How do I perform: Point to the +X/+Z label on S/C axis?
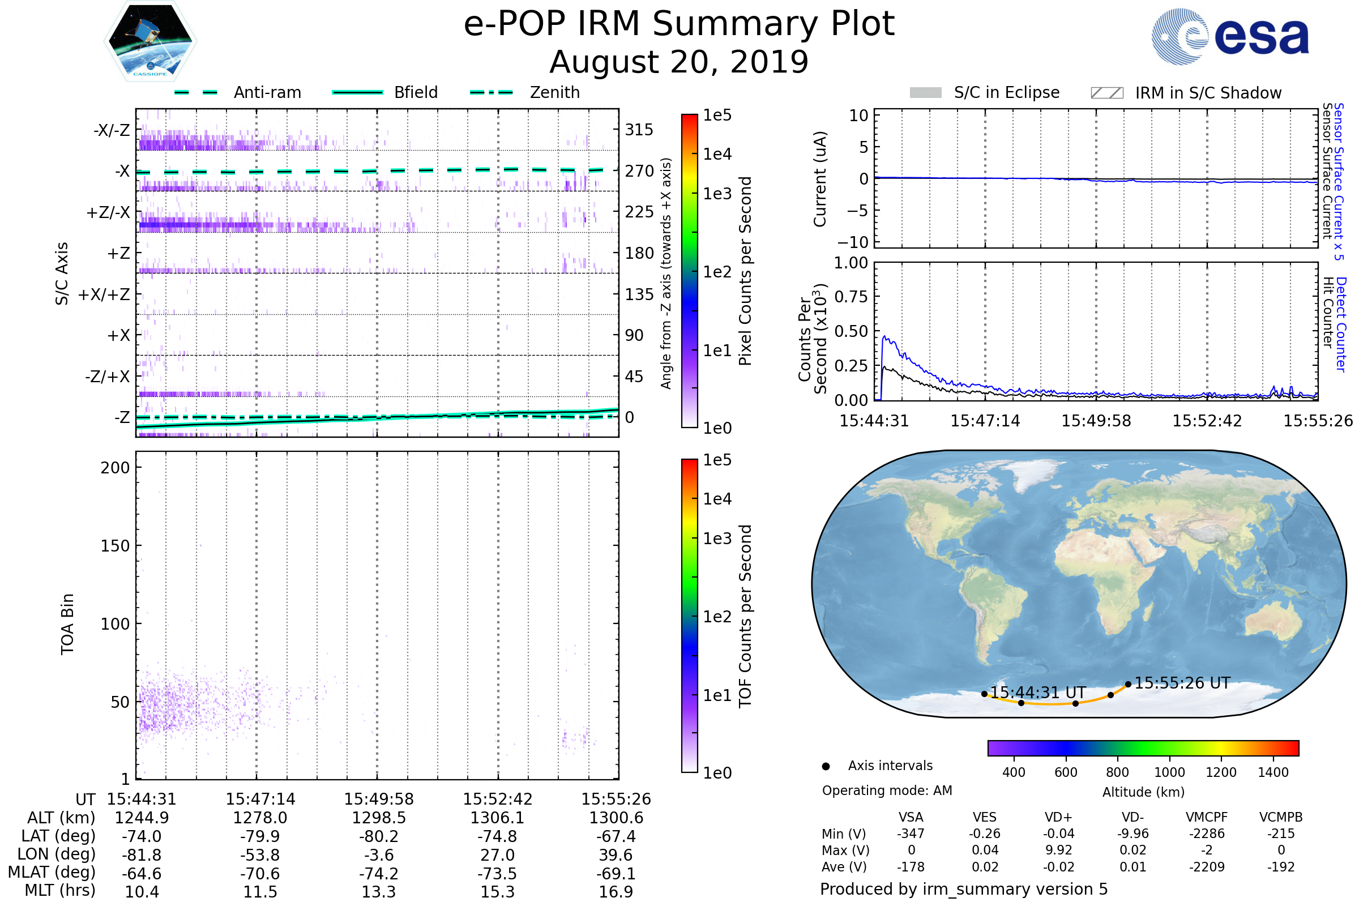tap(104, 294)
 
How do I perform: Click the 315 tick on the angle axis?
tap(639, 130)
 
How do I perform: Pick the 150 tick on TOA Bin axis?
tap(115, 546)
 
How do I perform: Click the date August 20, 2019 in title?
tap(679, 62)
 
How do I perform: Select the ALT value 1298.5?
tap(378, 818)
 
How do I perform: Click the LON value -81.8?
tap(141, 855)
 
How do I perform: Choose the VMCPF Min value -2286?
tap(1207, 834)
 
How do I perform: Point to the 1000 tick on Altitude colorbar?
tap(1169, 772)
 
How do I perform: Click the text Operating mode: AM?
tap(887, 790)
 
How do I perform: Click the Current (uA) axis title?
tap(820, 179)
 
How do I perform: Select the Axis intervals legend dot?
tap(826, 766)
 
